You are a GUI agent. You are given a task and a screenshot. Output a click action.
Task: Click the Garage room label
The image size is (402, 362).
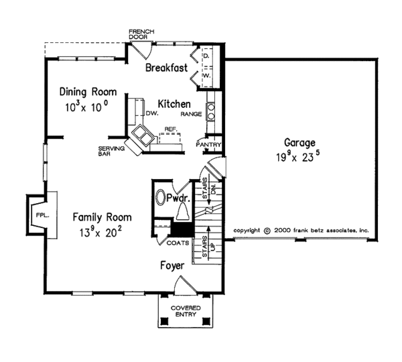(x=298, y=142)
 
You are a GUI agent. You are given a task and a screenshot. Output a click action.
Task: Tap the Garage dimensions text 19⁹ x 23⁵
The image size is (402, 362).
(x=299, y=159)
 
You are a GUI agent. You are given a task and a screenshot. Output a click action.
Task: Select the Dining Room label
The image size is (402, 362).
(x=88, y=92)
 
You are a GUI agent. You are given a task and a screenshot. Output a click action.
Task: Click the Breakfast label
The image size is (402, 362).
(x=165, y=68)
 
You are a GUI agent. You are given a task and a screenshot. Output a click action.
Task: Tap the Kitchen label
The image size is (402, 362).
(x=174, y=104)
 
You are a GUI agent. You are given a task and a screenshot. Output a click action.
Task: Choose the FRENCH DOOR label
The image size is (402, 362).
(x=141, y=34)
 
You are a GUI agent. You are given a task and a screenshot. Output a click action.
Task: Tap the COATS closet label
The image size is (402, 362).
(x=178, y=243)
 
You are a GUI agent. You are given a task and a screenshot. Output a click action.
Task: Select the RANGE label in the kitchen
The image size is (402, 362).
(x=191, y=115)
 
